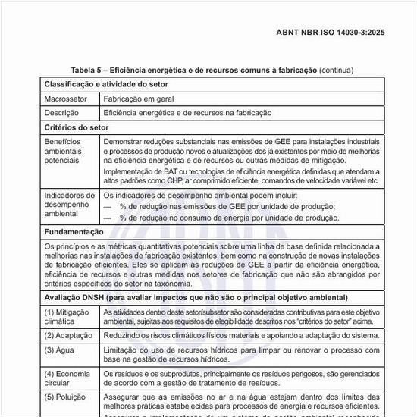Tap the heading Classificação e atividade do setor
(106, 84)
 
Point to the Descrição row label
(62, 113)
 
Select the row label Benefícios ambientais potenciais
(67, 151)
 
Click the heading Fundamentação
(74, 231)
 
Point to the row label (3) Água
(61, 350)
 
